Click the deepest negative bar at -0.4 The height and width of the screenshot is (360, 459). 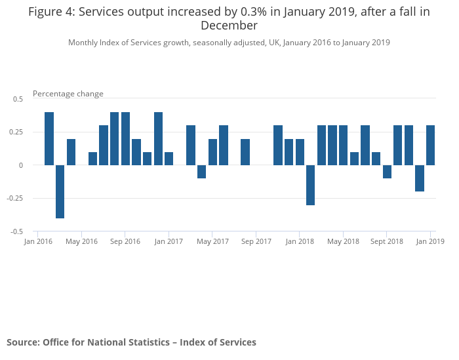point(60,191)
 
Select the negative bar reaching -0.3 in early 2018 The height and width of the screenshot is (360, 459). point(311,185)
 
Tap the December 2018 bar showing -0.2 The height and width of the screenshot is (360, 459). point(420,178)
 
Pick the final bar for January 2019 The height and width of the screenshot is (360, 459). point(431,145)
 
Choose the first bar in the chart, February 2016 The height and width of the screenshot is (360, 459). point(49,138)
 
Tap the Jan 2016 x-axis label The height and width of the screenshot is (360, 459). point(38,241)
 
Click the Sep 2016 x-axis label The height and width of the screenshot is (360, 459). point(125,241)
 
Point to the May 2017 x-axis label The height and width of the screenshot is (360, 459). point(212,241)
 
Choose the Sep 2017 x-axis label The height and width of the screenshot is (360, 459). point(256,241)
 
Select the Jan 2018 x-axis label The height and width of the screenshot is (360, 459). point(300,241)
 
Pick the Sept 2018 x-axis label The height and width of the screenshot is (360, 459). point(387,241)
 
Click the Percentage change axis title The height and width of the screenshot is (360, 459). point(68,94)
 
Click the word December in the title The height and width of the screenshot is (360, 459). point(229,26)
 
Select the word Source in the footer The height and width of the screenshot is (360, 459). point(22,342)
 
